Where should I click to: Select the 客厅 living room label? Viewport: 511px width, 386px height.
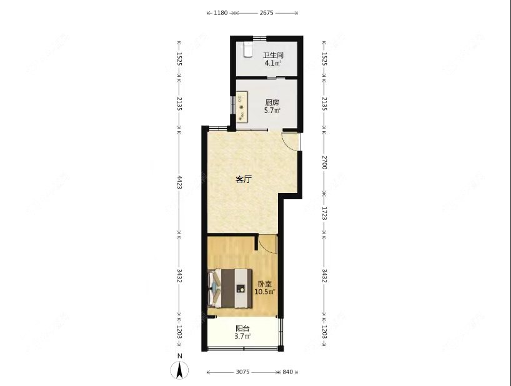click(244, 179)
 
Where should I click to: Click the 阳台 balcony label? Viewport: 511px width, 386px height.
click(242, 329)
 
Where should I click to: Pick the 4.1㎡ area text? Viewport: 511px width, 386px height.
click(272, 63)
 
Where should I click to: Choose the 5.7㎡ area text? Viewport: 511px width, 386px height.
click(272, 111)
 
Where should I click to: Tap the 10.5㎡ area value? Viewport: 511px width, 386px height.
click(264, 291)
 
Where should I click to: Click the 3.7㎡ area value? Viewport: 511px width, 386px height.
click(242, 337)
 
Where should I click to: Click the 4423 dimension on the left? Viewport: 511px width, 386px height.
click(179, 182)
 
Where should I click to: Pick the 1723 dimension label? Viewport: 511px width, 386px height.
click(324, 214)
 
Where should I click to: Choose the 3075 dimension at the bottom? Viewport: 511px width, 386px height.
click(243, 372)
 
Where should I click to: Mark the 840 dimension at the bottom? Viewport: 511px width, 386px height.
click(287, 372)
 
